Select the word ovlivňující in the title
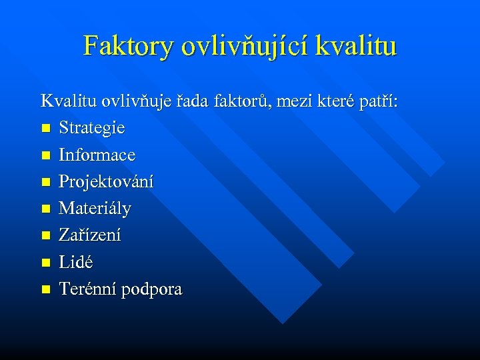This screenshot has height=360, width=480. click(240, 46)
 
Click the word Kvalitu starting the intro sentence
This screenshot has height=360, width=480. click(69, 101)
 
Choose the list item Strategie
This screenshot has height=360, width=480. click(91, 128)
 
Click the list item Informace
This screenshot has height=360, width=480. click(97, 155)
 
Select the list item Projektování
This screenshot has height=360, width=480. click(106, 182)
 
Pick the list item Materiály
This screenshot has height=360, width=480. click(95, 209)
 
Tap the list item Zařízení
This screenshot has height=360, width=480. click(90, 235)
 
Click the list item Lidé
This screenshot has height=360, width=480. click(76, 262)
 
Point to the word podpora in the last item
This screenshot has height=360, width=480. click(153, 289)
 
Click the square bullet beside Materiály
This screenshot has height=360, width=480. click(45, 209)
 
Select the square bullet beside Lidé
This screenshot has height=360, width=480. click(45, 263)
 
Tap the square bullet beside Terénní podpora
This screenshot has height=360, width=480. click(45, 289)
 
